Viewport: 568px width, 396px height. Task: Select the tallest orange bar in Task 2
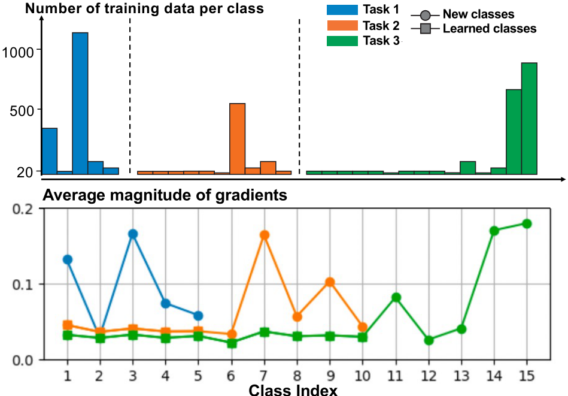click(238, 138)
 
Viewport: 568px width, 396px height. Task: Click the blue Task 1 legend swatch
click(342, 10)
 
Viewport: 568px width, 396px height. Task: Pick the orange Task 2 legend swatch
click(342, 26)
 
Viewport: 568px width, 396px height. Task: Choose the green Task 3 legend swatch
click(342, 41)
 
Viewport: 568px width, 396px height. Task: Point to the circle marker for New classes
click(424, 14)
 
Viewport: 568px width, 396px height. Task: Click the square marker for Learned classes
click(424, 28)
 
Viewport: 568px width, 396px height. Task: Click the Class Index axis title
click(293, 390)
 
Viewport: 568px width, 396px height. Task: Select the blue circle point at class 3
click(133, 234)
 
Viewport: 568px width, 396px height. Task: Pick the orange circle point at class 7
click(264, 235)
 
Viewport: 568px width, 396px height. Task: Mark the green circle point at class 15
click(527, 223)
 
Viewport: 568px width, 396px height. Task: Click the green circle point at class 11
click(396, 297)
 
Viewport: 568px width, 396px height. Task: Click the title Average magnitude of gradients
click(165, 195)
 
